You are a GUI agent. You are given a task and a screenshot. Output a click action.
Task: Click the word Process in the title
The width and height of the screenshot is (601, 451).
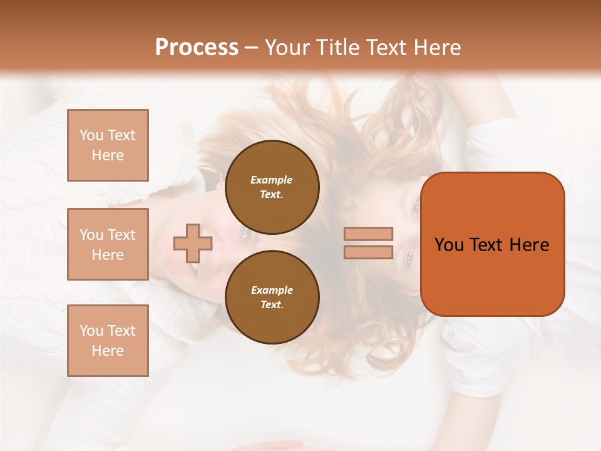[x=197, y=47]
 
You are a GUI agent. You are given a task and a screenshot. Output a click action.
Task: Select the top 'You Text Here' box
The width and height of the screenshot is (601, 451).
[x=108, y=145]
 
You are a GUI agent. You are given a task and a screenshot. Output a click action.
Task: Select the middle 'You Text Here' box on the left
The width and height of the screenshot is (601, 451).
[x=108, y=244]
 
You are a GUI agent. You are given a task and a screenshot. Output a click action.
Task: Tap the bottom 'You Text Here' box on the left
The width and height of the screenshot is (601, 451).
[x=108, y=341]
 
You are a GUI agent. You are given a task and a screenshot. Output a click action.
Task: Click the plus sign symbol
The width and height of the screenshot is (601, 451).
[x=193, y=243]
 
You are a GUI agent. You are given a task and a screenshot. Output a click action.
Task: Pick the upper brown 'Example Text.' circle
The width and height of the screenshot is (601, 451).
[x=272, y=187]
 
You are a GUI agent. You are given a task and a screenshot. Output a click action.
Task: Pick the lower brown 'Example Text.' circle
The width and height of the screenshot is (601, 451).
[x=272, y=297]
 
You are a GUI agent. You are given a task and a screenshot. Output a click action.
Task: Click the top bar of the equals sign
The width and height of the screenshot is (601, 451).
[x=369, y=234]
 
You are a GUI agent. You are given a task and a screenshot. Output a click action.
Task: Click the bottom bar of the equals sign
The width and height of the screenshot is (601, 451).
[x=369, y=252]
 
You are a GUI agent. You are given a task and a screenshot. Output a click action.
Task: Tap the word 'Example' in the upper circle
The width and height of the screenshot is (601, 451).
[x=272, y=180]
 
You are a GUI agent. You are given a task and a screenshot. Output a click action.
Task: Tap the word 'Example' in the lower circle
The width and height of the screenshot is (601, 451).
[x=272, y=290]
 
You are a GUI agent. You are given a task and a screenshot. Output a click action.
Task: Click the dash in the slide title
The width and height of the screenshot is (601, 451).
[x=252, y=48]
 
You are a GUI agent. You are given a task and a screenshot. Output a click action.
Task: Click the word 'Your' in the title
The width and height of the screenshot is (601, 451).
[x=287, y=47]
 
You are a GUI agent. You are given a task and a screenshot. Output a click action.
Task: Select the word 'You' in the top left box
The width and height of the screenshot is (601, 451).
[x=91, y=135]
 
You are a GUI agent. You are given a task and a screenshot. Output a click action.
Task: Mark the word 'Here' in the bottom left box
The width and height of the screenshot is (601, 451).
[x=108, y=351]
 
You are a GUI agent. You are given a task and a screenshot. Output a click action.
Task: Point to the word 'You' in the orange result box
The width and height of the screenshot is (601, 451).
[x=449, y=245]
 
